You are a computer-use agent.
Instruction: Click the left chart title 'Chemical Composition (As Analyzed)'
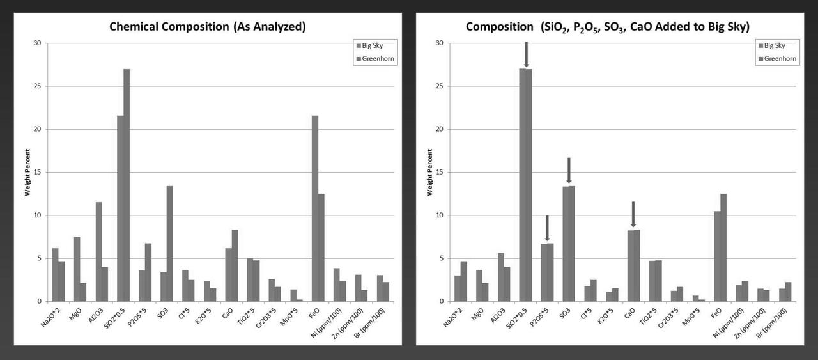[207, 27]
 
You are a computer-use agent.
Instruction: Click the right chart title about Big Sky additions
[607, 27]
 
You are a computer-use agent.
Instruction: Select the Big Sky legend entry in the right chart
[776, 45]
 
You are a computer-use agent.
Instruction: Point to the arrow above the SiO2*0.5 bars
[526, 54]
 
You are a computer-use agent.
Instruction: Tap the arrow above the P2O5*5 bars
[547, 228]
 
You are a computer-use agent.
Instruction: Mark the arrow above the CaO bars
[633, 214]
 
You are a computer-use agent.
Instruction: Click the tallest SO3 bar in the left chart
[169, 244]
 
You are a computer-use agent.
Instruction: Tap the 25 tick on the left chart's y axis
[38, 86]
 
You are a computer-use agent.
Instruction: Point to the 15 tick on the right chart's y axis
[440, 172]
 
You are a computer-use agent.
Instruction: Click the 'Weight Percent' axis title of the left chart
[27, 172]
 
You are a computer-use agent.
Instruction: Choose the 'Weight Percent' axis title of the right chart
[429, 172]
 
